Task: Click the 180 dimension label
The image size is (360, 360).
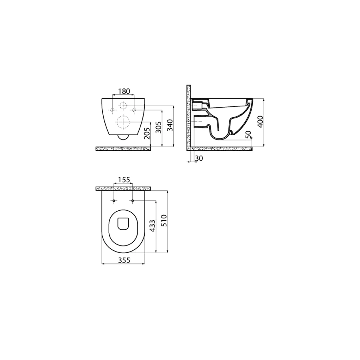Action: [124, 91]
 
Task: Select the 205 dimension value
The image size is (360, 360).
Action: [147, 133]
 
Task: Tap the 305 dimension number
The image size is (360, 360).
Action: [158, 128]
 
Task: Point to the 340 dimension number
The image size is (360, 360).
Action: [170, 125]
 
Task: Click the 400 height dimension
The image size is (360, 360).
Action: [260, 122]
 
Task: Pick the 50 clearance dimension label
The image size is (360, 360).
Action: [249, 134]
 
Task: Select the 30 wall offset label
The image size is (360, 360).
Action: [199, 158]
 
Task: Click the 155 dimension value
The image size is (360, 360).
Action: [124, 179]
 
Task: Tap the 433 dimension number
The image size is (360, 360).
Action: [152, 226]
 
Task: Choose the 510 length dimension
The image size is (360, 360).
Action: [164, 220]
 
